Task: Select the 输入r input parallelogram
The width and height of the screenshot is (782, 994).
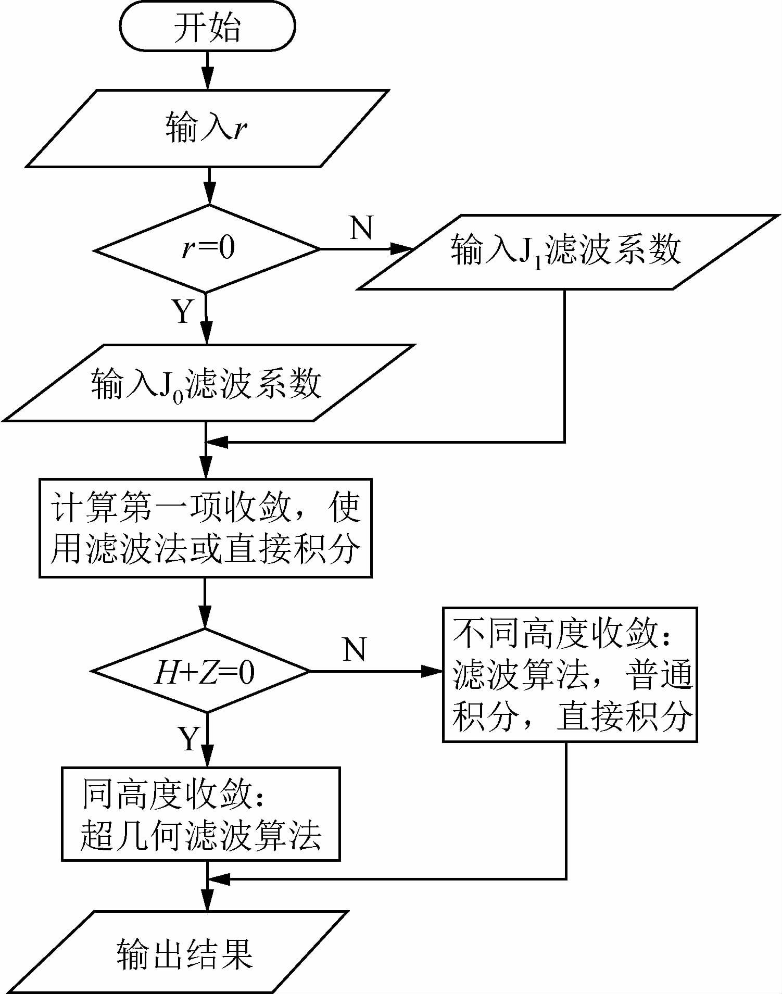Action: [x=207, y=128]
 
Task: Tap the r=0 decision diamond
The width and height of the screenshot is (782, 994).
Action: [x=207, y=249]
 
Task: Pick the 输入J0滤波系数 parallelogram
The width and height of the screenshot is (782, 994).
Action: [x=207, y=383]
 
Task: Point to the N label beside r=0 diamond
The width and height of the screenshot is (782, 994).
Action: [x=361, y=228]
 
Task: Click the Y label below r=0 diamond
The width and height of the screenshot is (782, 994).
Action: [x=183, y=311]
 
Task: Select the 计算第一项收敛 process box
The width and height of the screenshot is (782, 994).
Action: [x=205, y=527]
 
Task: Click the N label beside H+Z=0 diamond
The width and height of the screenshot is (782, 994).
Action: [x=355, y=649]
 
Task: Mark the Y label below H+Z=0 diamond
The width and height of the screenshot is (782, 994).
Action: [x=190, y=738]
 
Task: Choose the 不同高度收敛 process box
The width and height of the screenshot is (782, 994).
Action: [x=570, y=674]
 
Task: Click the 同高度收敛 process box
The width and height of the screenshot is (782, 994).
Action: [x=201, y=814]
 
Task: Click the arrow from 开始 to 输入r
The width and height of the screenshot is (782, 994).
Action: [x=208, y=70]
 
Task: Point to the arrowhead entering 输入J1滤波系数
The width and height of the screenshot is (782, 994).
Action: [x=401, y=249]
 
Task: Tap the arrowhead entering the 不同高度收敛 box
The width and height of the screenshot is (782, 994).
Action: [x=431, y=671]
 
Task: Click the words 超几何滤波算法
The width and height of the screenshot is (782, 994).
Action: [x=201, y=835]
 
